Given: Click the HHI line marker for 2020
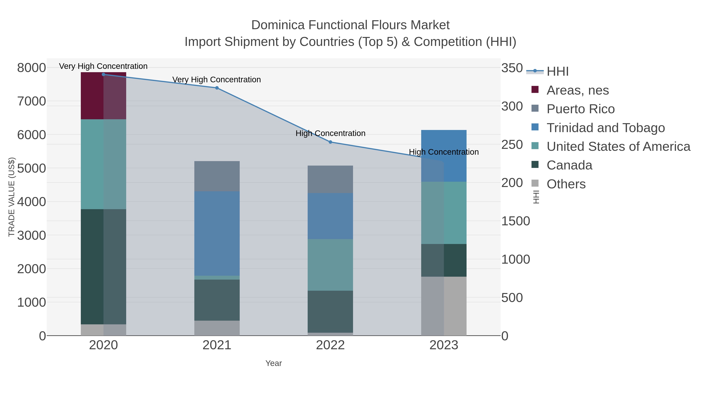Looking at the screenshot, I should pyautogui.click(x=103, y=75).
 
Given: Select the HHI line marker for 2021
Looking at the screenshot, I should pyautogui.click(x=217, y=88).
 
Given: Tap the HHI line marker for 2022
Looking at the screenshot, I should pyautogui.click(x=330, y=142).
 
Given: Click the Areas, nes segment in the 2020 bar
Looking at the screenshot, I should pyautogui.click(x=103, y=96).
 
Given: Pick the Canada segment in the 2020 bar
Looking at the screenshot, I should pyautogui.click(x=103, y=267).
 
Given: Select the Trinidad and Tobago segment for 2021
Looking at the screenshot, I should pyautogui.click(x=217, y=233).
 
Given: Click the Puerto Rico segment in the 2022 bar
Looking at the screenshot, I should pyautogui.click(x=330, y=179).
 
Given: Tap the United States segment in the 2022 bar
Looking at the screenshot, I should pyautogui.click(x=330, y=265).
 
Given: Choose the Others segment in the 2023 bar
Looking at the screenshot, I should pyautogui.click(x=444, y=306).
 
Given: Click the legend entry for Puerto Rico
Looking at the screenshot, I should pyautogui.click(x=580, y=109).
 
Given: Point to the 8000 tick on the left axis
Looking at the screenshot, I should pyautogui.click(x=32, y=68).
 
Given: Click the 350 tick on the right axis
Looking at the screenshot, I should pyautogui.click(x=512, y=68).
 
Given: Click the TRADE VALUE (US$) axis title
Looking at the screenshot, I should pyautogui.click(x=11, y=197).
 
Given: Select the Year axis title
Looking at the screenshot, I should pyautogui.click(x=274, y=363).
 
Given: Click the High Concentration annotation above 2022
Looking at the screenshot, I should pyautogui.click(x=330, y=133).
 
